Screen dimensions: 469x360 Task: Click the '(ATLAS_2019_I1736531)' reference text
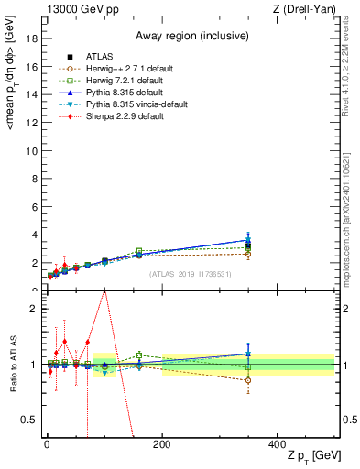pyautogui.click(x=191, y=273)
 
